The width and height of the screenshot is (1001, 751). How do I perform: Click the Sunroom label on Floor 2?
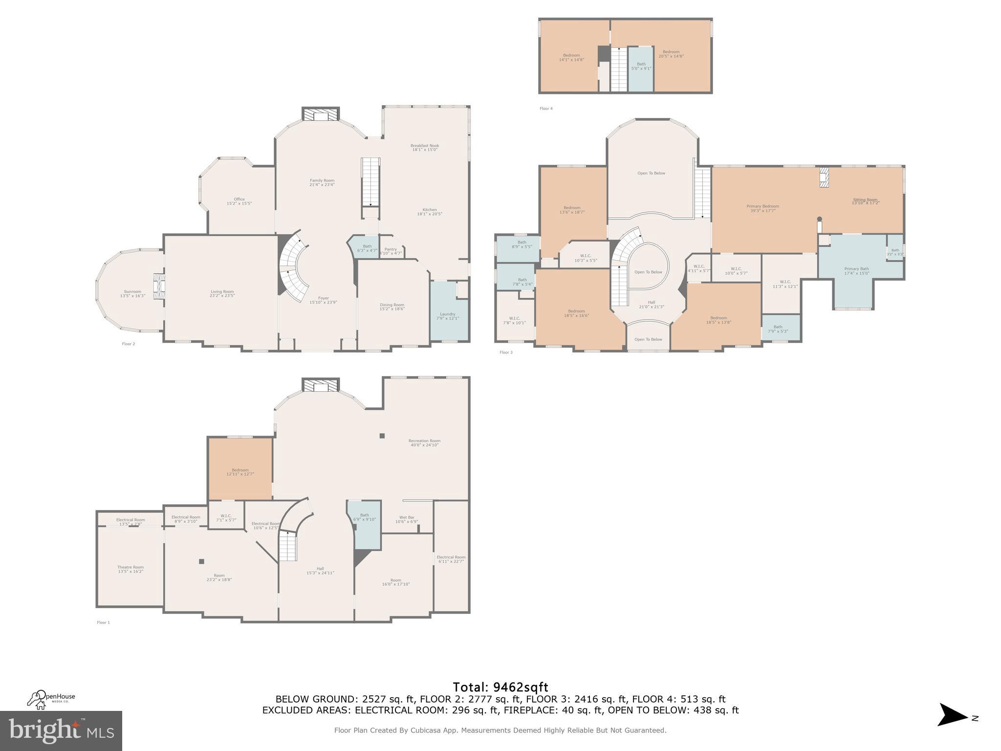(132, 293)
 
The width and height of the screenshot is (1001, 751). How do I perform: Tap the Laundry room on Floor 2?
(448, 316)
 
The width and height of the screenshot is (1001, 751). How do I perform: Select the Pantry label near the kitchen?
(391, 251)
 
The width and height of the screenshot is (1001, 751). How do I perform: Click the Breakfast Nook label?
(424, 147)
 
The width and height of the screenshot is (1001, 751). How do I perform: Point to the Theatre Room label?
(131, 569)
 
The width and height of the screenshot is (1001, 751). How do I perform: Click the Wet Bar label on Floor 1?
(407, 519)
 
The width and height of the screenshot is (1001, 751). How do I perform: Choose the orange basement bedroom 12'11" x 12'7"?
(240, 472)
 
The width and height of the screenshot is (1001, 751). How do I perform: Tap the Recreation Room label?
(424, 442)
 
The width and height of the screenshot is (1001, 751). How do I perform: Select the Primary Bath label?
(856, 271)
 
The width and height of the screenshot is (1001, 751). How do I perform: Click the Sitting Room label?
(865, 200)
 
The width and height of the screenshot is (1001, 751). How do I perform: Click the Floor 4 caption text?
(546, 109)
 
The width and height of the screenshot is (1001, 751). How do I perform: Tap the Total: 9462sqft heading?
(500, 687)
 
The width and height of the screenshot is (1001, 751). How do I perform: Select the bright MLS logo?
(61, 730)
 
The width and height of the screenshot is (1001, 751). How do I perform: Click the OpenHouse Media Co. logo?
(51, 699)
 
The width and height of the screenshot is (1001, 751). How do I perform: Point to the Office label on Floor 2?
(239, 201)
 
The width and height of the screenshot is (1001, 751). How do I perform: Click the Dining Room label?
(392, 307)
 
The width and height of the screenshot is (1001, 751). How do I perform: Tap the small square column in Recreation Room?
(382, 436)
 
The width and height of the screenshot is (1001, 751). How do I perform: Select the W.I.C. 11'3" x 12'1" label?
(785, 284)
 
